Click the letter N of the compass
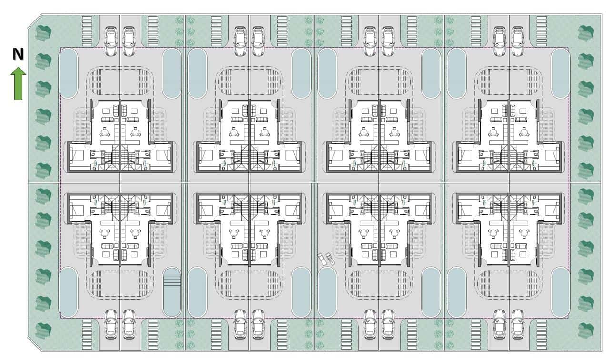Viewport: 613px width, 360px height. pos(18,55)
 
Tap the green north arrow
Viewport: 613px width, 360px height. pos(18,84)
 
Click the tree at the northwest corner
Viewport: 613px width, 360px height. pos(44,32)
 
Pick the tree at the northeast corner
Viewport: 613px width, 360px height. pos(586,32)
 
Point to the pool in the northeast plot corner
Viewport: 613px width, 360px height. pos(560,73)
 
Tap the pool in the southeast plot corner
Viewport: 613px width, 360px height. pos(560,292)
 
